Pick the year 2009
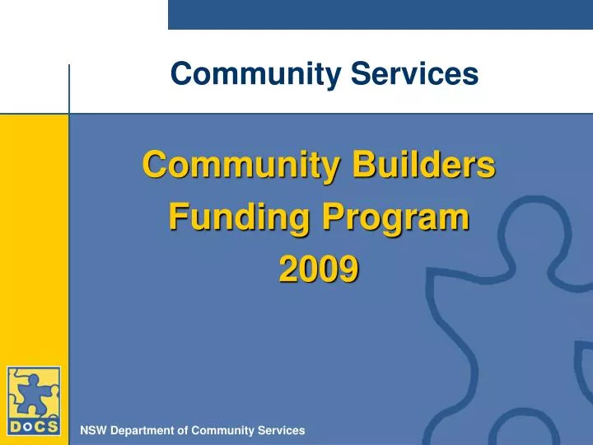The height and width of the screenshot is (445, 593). click(319, 269)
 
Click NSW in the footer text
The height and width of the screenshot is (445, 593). click(92, 430)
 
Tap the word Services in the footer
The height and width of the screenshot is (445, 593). click(281, 430)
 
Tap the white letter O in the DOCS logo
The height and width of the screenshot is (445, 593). click(26, 426)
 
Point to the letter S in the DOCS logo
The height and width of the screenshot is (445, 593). click(52, 426)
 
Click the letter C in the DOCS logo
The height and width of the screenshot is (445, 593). click(39, 426)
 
